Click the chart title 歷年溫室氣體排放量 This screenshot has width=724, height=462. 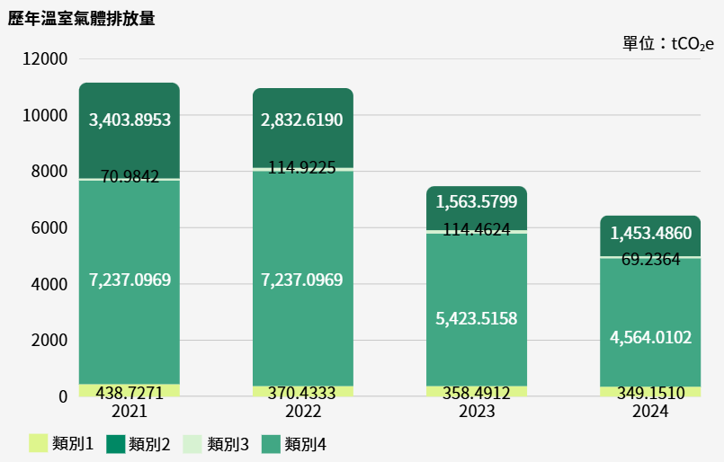pos(82,18)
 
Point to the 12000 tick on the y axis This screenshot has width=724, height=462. pos(45,59)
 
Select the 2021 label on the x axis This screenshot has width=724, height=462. pos(130,412)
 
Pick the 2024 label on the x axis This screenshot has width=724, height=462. pos(649,412)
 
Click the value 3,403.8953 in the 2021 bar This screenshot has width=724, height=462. pos(130,120)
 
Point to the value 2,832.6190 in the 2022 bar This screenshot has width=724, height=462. pos(302,120)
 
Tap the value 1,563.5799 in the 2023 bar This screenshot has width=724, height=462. pos(476,201)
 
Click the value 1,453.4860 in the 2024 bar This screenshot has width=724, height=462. pos(650,234)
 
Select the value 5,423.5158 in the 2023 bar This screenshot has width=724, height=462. pos(476,319)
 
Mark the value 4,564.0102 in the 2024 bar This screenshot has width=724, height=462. pos(650,337)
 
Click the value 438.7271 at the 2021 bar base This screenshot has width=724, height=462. pos(130,393)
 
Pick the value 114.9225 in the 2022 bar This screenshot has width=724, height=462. pos(302,167)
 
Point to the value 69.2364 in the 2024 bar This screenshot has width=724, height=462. pos(650,260)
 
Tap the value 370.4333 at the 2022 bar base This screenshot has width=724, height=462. pos(302,393)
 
